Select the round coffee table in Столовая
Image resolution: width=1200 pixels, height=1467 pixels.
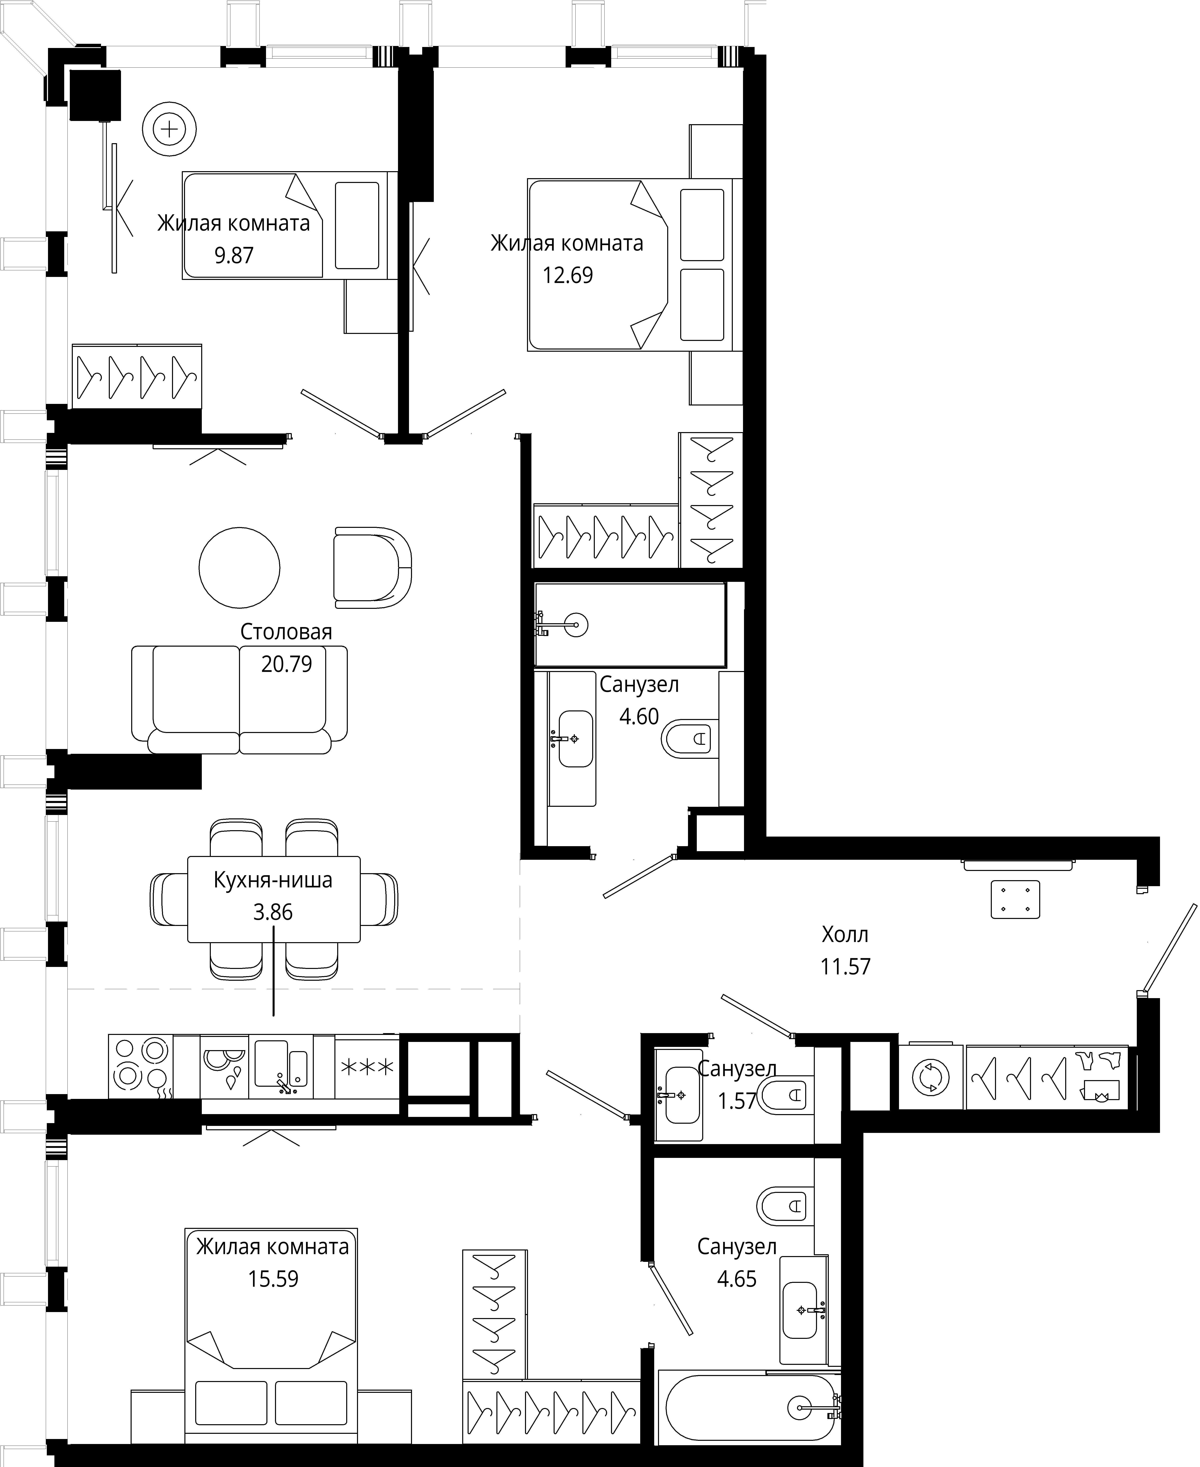239,567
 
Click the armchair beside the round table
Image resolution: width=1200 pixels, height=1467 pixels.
372,568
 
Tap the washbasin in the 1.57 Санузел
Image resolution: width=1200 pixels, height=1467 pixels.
682,1095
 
